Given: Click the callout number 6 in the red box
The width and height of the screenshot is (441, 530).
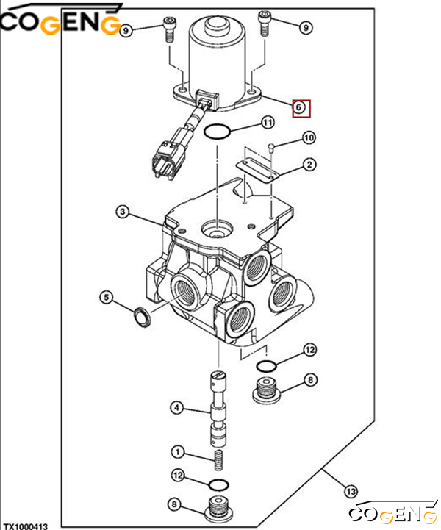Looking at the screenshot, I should coord(301,107).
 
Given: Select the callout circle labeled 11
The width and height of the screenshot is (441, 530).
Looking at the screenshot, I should coord(268,122).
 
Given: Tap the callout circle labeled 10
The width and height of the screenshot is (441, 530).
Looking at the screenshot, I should coord(308,137).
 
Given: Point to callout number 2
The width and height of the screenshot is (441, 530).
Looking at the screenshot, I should coord(309,165).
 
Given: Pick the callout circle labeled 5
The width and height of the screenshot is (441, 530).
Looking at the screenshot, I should coord(107,297).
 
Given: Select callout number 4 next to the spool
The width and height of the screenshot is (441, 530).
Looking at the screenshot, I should coord(177,407).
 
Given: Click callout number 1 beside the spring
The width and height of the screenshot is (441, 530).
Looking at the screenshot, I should coord(177,451).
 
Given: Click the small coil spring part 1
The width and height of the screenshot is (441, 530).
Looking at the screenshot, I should coord(218,461).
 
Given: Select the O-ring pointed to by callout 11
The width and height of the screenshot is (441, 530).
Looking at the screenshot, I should coord(218,133).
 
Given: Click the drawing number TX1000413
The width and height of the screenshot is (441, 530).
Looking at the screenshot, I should coord(26,526).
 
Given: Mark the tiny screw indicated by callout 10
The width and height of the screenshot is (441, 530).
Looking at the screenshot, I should coord(271,147).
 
